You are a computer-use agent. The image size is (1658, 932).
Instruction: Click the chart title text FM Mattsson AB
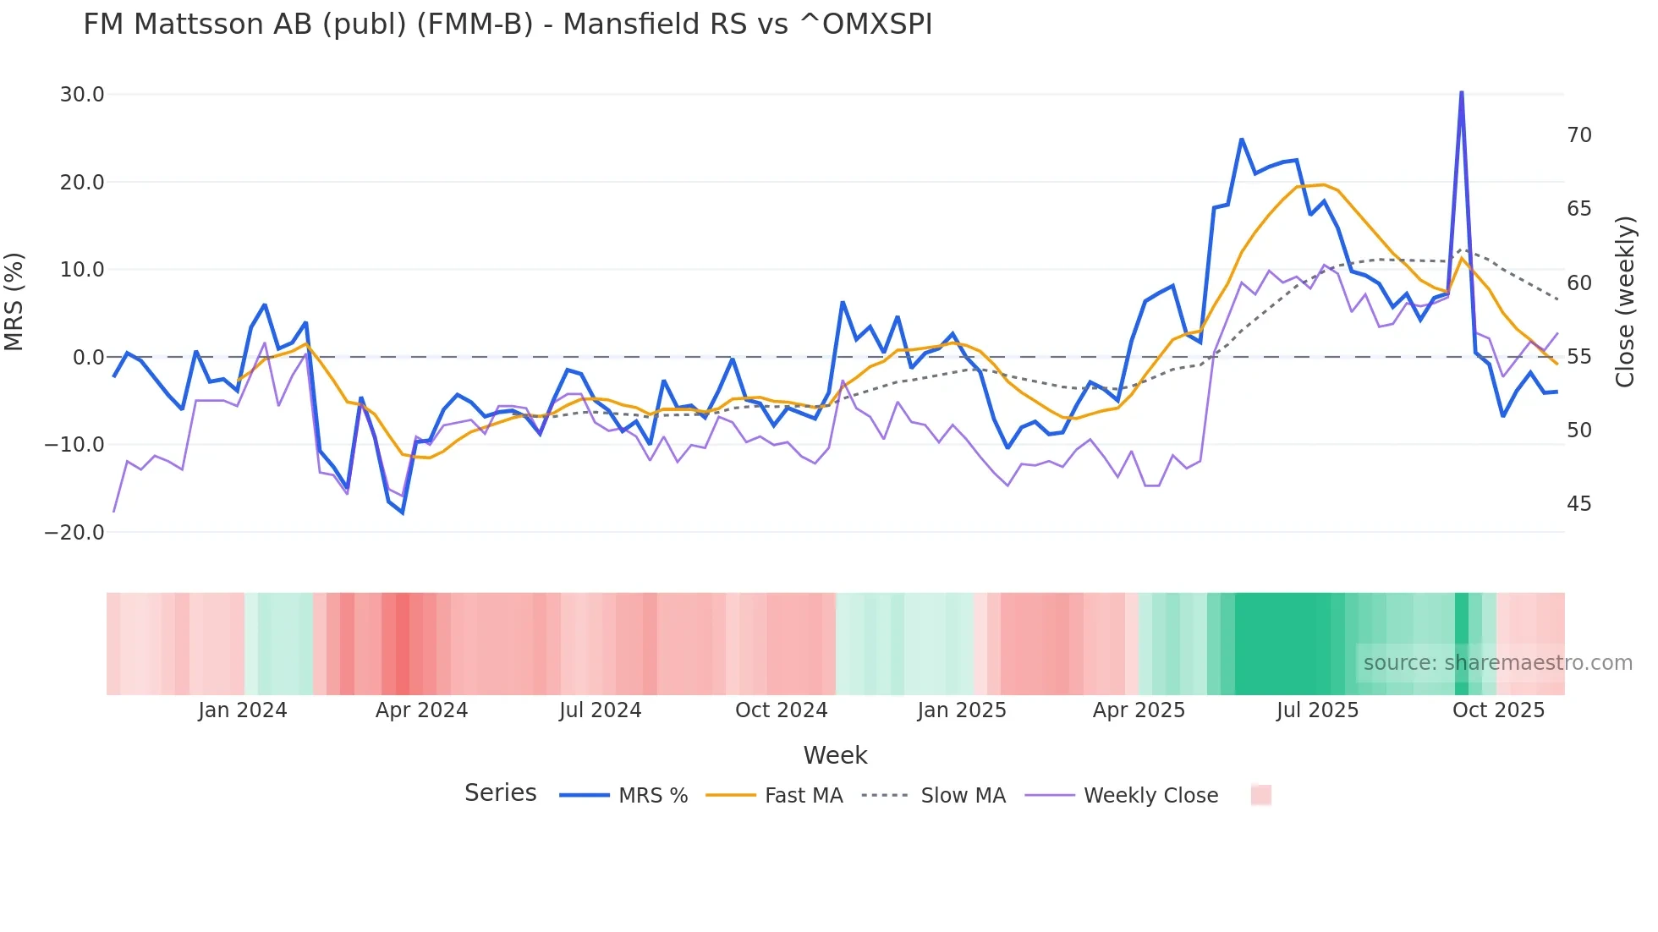(x=508, y=25)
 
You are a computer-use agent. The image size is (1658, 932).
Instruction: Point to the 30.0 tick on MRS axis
(x=82, y=95)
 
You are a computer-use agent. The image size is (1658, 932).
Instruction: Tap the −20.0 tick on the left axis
(x=74, y=533)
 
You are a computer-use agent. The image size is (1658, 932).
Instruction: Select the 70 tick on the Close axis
(x=1578, y=135)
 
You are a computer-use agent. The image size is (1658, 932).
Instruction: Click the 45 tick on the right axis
(x=1578, y=504)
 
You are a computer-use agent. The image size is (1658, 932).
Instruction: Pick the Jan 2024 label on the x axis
(x=243, y=710)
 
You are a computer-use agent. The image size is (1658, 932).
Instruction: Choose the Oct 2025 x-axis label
(x=1498, y=710)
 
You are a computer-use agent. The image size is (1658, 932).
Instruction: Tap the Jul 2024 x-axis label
(x=600, y=710)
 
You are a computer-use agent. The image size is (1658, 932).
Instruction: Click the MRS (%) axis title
(x=14, y=302)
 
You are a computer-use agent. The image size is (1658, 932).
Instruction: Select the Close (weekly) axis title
(x=1625, y=302)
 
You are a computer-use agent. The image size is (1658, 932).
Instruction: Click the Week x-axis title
(x=835, y=755)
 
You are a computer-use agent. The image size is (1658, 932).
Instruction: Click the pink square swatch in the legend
(x=1260, y=795)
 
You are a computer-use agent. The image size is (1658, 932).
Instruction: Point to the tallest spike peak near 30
(x=1461, y=92)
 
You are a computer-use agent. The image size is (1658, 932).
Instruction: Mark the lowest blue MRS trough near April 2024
(x=403, y=513)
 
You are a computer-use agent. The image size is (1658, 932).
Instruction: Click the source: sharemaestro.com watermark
(x=1497, y=663)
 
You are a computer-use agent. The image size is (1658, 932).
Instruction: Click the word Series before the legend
(x=500, y=793)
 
